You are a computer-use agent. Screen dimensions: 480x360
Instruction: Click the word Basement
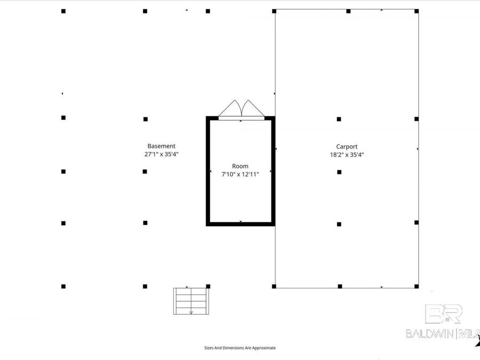[161, 146]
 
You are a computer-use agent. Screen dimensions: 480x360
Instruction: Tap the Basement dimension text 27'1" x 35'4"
[161, 154]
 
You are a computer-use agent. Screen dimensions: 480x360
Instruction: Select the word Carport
[347, 147]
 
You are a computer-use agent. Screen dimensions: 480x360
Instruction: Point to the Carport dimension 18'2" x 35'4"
[347, 155]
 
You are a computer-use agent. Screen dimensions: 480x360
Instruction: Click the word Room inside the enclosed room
[240, 166]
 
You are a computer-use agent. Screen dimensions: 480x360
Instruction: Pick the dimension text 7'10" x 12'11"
[241, 174]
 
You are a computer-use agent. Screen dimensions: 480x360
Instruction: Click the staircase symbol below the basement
[191, 301]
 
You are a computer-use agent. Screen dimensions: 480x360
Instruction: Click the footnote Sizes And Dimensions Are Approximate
[240, 348]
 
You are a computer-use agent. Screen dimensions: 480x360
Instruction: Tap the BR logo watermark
[443, 314]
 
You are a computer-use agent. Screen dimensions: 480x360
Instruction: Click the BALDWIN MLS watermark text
[443, 333]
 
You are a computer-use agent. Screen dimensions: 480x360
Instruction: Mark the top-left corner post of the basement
[63, 11]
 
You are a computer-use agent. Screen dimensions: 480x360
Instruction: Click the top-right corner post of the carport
[417, 11]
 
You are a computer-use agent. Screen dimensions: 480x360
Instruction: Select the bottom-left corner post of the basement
[63, 286]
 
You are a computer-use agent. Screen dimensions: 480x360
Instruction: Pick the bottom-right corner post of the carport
[417, 286]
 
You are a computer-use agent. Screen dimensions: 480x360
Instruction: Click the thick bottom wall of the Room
[241, 224]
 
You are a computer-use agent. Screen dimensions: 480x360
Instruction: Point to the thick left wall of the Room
[208, 171]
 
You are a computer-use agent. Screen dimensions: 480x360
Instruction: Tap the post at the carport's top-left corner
[274, 11]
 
